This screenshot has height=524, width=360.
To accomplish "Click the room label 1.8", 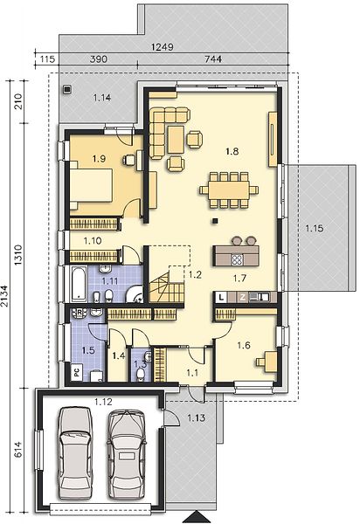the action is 232,151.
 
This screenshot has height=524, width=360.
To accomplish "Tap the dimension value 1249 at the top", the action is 163,47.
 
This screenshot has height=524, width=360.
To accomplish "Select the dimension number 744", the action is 213,59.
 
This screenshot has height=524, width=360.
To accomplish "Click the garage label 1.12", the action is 103,402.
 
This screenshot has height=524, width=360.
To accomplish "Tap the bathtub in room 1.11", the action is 79,284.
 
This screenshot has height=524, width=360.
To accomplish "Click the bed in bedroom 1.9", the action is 91,185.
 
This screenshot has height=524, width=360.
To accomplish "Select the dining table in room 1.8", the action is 229,190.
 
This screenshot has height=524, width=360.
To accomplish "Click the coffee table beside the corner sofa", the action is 177,140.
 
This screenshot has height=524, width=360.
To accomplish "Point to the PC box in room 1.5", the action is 77,373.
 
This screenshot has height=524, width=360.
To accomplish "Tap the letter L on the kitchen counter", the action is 221,297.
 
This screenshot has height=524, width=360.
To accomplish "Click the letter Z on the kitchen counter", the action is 242,297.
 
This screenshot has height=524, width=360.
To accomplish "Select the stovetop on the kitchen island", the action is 237,259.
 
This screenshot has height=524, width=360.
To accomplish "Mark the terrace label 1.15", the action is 315,229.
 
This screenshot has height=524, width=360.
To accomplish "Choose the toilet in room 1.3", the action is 142,375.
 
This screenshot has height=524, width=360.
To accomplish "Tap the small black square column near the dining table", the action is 215,221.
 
